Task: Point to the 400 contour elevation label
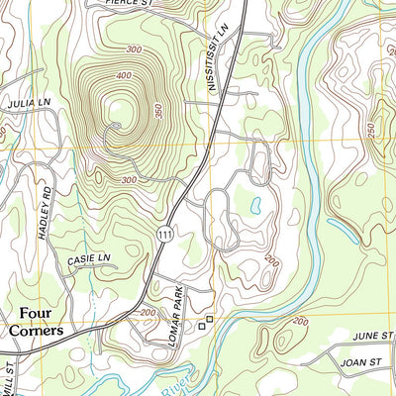click(123, 75)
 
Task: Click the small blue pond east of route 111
click(255, 205)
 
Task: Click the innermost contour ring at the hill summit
click(116, 125)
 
